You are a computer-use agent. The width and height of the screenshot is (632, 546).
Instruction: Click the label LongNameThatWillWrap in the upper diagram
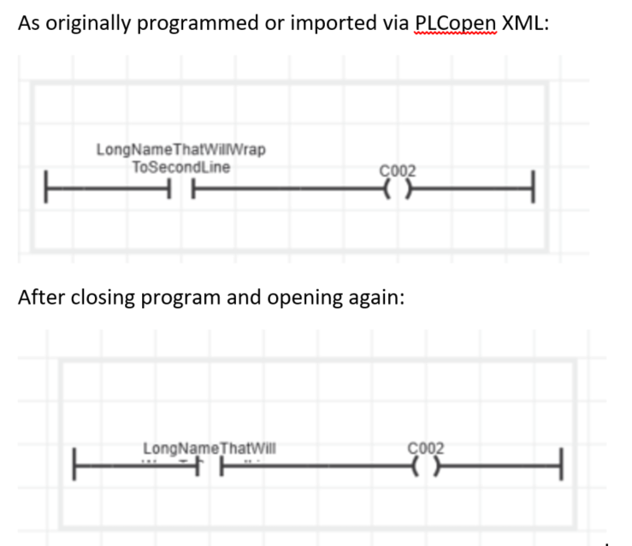(180, 150)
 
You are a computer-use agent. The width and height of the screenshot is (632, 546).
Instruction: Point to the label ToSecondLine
(180, 167)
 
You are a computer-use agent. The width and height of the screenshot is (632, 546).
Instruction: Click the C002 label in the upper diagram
(397, 169)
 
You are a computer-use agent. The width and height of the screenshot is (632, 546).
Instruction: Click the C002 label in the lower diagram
(427, 447)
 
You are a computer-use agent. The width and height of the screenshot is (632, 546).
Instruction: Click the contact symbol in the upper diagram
(180, 185)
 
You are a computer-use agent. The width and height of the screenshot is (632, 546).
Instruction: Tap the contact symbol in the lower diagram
(210, 466)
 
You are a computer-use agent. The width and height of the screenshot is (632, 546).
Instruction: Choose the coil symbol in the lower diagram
(427, 466)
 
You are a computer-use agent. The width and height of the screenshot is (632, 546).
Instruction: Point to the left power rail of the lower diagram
(75, 466)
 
